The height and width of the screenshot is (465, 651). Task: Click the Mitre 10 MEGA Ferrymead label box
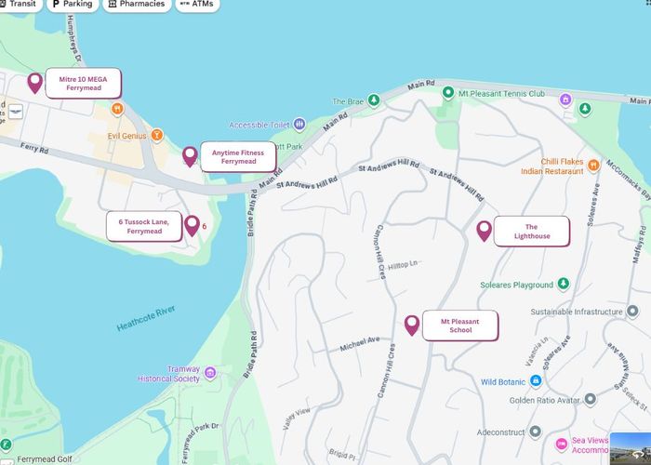click(84, 84)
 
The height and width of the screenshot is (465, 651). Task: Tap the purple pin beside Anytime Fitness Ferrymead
click(190, 155)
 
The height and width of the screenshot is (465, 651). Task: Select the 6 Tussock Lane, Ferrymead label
click(144, 226)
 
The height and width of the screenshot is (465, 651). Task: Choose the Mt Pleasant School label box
click(460, 325)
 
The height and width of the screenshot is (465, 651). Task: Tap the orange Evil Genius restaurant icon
click(157, 136)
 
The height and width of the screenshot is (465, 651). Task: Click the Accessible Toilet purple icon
click(299, 125)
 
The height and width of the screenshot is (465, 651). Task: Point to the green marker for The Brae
click(373, 100)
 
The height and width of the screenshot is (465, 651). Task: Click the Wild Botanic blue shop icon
click(536, 381)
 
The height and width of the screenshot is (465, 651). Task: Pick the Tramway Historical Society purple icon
click(210, 374)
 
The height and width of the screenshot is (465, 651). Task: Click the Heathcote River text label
click(147, 319)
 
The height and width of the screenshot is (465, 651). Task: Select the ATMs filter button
click(196, 5)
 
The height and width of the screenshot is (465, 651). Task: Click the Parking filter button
click(73, 5)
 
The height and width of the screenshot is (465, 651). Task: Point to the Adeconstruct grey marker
click(535, 432)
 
